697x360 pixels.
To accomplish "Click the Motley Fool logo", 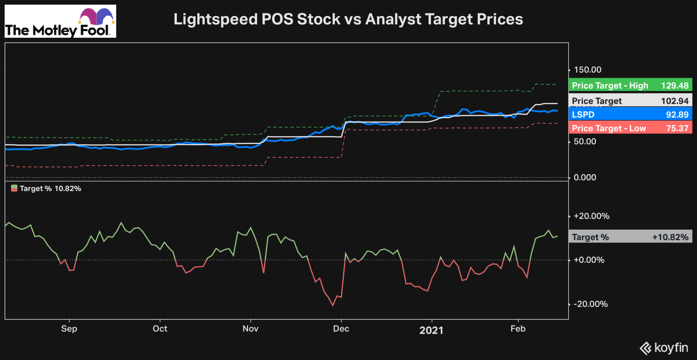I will tap(60, 21).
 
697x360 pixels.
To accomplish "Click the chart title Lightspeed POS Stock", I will tap(348, 19).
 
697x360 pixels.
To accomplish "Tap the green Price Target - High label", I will tap(630, 85).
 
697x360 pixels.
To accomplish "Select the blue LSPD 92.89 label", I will tap(630, 114).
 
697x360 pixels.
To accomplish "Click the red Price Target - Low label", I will tap(630, 128).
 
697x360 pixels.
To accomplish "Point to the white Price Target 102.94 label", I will tap(630, 101).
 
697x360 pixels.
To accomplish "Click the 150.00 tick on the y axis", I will tap(587, 70).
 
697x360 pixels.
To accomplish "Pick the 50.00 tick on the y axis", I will tap(585, 142).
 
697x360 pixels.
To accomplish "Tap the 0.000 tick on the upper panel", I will tap(585, 177).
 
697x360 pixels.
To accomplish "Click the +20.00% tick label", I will tap(591, 216).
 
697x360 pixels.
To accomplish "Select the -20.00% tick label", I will tap(590, 304).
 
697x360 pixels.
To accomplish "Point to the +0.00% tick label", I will tap(589, 260).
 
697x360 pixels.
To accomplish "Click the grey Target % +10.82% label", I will tap(630, 237).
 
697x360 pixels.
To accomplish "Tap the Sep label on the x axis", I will tap(69, 329).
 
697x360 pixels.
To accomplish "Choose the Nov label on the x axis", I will tap(250, 329).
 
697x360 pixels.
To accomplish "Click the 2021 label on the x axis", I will tap(431, 330).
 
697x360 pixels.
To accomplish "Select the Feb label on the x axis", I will tap(518, 329).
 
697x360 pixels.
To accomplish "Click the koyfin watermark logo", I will tap(664, 348).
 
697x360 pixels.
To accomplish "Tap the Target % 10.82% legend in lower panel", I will tap(47, 189).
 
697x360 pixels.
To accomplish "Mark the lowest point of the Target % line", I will tap(333, 306).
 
